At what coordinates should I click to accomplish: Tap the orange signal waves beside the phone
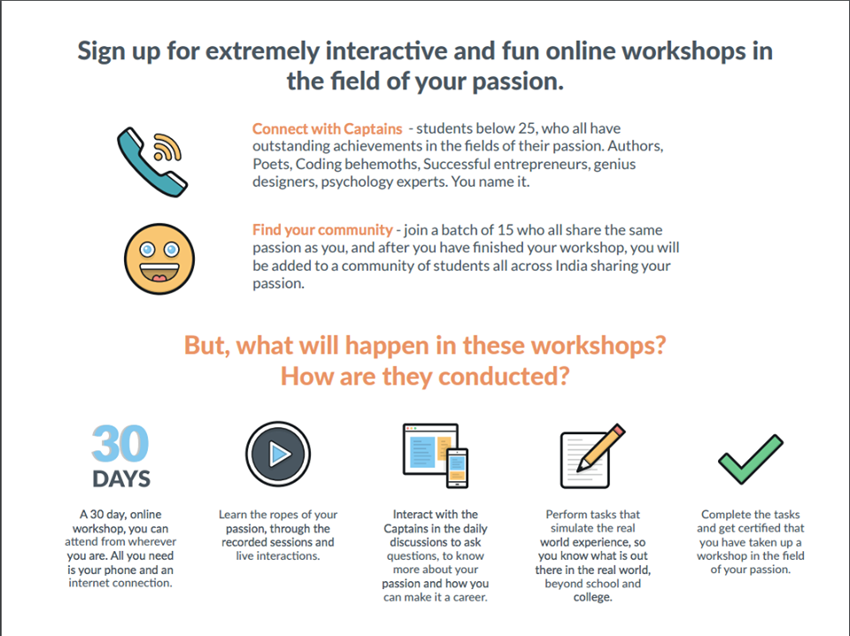(167, 147)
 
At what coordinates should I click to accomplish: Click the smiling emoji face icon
(159, 259)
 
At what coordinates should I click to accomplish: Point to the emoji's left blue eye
(147, 249)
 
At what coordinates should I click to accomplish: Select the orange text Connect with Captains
(327, 129)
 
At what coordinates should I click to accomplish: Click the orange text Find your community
(322, 230)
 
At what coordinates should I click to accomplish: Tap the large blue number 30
(120, 444)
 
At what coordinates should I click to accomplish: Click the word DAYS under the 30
(121, 479)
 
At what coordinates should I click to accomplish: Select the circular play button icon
(278, 454)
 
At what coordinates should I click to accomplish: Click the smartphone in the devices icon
(458, 468)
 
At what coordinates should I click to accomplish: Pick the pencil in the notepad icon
(600, 448)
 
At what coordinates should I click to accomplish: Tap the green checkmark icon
(750, 459)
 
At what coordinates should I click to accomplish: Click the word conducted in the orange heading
(503, 376)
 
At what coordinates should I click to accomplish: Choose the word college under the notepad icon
(592, 598)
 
